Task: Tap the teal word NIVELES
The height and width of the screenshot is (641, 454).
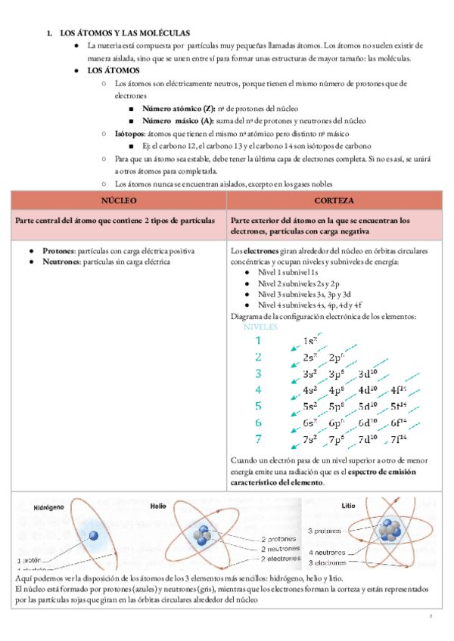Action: click(260, 327)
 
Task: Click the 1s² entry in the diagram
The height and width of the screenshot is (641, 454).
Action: click(309, 341)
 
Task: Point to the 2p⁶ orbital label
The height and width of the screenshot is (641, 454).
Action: click(337, 358)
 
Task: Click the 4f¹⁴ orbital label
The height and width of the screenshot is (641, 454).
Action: click(399, 390)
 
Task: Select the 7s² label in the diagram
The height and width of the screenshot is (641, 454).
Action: click(309, 439)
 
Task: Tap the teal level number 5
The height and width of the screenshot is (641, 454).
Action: click(258, 407)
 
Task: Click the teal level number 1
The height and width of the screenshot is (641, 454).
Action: click(258, 341)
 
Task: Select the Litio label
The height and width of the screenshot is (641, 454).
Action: click(348, 506)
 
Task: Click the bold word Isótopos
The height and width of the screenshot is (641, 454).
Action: click(130, 132)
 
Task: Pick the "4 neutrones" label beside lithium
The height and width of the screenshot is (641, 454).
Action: click(328, 553)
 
